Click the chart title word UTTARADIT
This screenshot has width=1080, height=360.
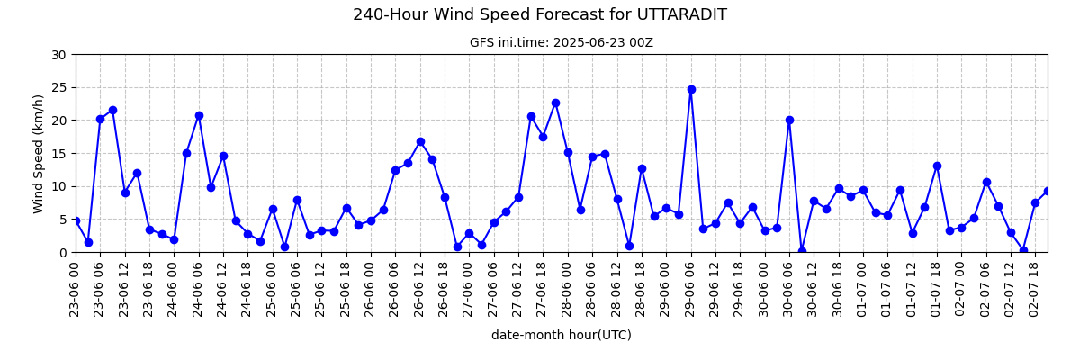point(682,15)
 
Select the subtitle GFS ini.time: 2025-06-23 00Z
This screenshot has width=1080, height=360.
point(562,43)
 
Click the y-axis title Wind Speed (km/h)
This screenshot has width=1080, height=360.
point(38,154)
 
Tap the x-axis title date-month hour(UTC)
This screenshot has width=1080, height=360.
point(562,335)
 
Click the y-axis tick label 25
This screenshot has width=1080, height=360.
point(58,88)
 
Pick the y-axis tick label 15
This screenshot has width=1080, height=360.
point(58,154)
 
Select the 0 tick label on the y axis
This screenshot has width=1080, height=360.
point(62,253)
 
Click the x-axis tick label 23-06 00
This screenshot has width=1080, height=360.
point(74,287)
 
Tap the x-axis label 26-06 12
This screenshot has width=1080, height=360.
point(418,287)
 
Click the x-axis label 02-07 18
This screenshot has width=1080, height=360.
point(1034,287)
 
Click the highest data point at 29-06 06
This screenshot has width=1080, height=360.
point(691,90)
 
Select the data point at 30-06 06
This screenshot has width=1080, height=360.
point(790,121)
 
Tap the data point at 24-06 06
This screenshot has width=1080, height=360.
point(199,116)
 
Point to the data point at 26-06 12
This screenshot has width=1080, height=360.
point(420,141)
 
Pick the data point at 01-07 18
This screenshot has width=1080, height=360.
point(937,166)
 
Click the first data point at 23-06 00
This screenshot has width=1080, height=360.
point(76,220)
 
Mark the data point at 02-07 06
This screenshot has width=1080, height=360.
point(986,182)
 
